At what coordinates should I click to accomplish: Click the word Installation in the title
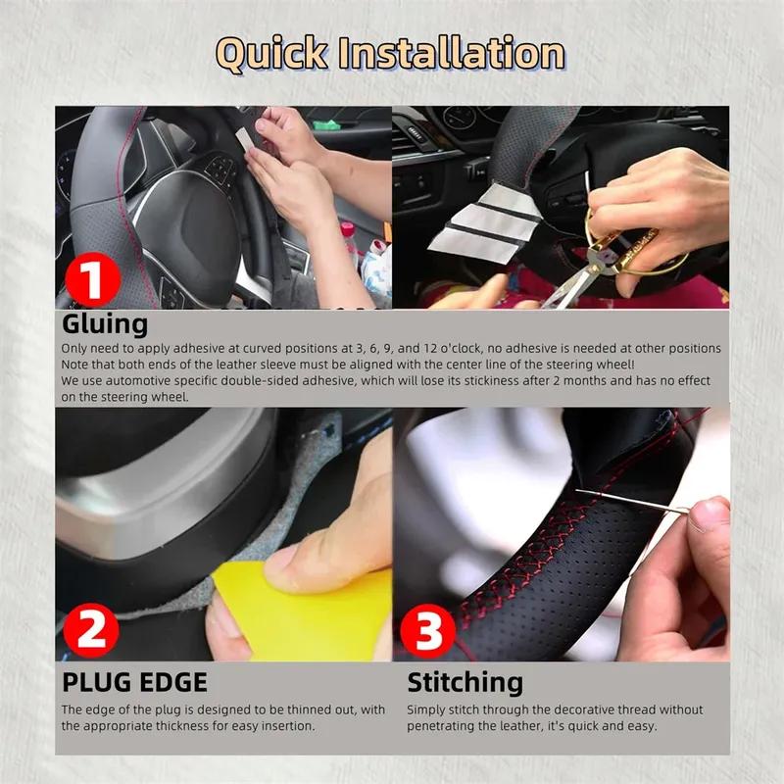pyautogui.click(x=452, y=54)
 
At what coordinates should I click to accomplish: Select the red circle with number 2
pyautogui.click(x=91, y=630)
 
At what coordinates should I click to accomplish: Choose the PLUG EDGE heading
pyautogui.click(x=134, y=682)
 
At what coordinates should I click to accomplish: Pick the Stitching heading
pyautogui.click(x=465, y=682)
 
